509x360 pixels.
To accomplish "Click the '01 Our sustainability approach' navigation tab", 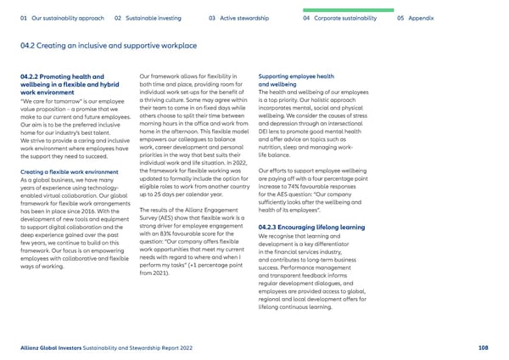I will pos(58,18).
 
